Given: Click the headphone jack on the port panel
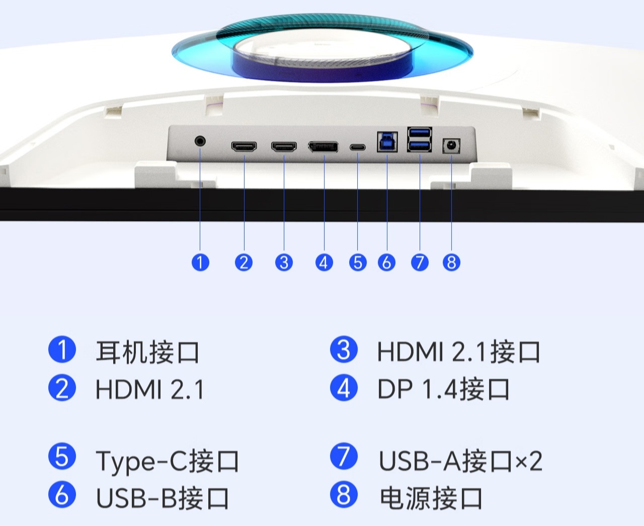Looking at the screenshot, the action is coord(200,141).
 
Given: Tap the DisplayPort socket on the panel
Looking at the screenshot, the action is coord(323,147).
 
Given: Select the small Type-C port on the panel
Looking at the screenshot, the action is coord(358,147).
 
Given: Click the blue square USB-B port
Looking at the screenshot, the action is coord(387,142).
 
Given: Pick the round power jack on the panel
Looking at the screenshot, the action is coord(451,146).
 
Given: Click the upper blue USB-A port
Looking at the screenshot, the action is coord(420,133).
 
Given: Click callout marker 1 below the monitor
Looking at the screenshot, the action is coord(200,262).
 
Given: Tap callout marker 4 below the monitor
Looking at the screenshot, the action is coord(324,262).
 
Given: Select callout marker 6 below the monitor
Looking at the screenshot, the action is coord(386,262).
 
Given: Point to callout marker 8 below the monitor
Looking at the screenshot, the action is coord(451,262).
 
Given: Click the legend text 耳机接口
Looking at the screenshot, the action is coord(147,351).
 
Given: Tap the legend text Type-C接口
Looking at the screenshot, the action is coord(167,461).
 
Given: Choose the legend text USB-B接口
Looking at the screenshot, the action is coord(162,498).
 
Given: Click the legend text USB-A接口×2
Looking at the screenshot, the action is coord(460,461).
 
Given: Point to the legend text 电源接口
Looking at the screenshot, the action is coord(431,498).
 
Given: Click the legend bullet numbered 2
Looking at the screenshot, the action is coord(62,388).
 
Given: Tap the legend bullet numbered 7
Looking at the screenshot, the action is coord(344,456).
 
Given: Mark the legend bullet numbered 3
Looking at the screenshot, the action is coord(344,350).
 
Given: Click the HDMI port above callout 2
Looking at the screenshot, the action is coord(244,147).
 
